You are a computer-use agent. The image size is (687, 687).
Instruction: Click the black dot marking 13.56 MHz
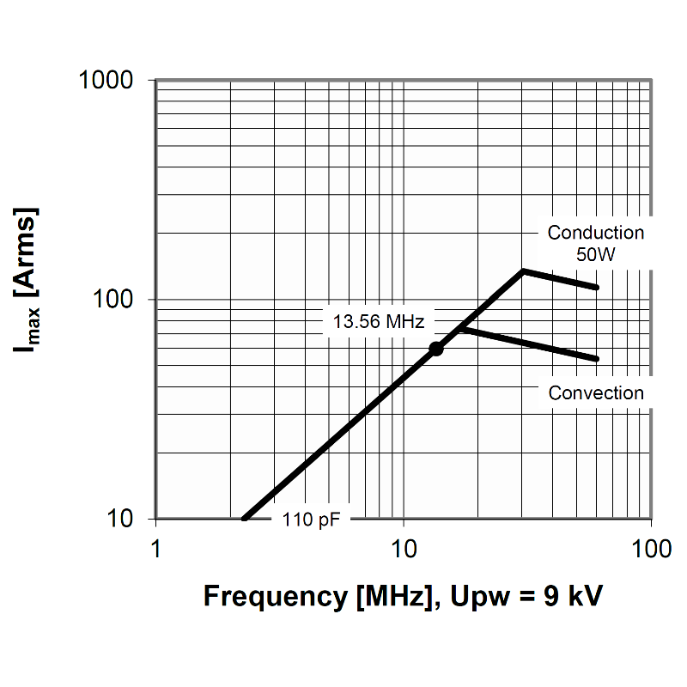coord(436,348)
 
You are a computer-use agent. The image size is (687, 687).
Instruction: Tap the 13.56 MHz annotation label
coord(378,323)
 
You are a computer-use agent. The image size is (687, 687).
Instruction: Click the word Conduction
coord(595,233)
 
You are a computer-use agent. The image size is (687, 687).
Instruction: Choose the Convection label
coord(595,393)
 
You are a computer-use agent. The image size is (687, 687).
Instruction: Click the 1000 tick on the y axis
coord(106,80)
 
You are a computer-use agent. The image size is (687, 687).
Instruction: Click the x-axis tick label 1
coord(155,549)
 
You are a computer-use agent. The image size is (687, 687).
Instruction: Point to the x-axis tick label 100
coord(650,549)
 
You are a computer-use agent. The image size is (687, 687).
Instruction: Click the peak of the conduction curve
coord(523,271)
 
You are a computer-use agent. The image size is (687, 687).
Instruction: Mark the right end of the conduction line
coord(596,287)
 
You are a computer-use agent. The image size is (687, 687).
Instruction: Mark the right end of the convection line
coord(596,359)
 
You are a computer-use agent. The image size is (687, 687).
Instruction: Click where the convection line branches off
coord(460,327)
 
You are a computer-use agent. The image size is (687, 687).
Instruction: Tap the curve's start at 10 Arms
coord(245,518)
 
